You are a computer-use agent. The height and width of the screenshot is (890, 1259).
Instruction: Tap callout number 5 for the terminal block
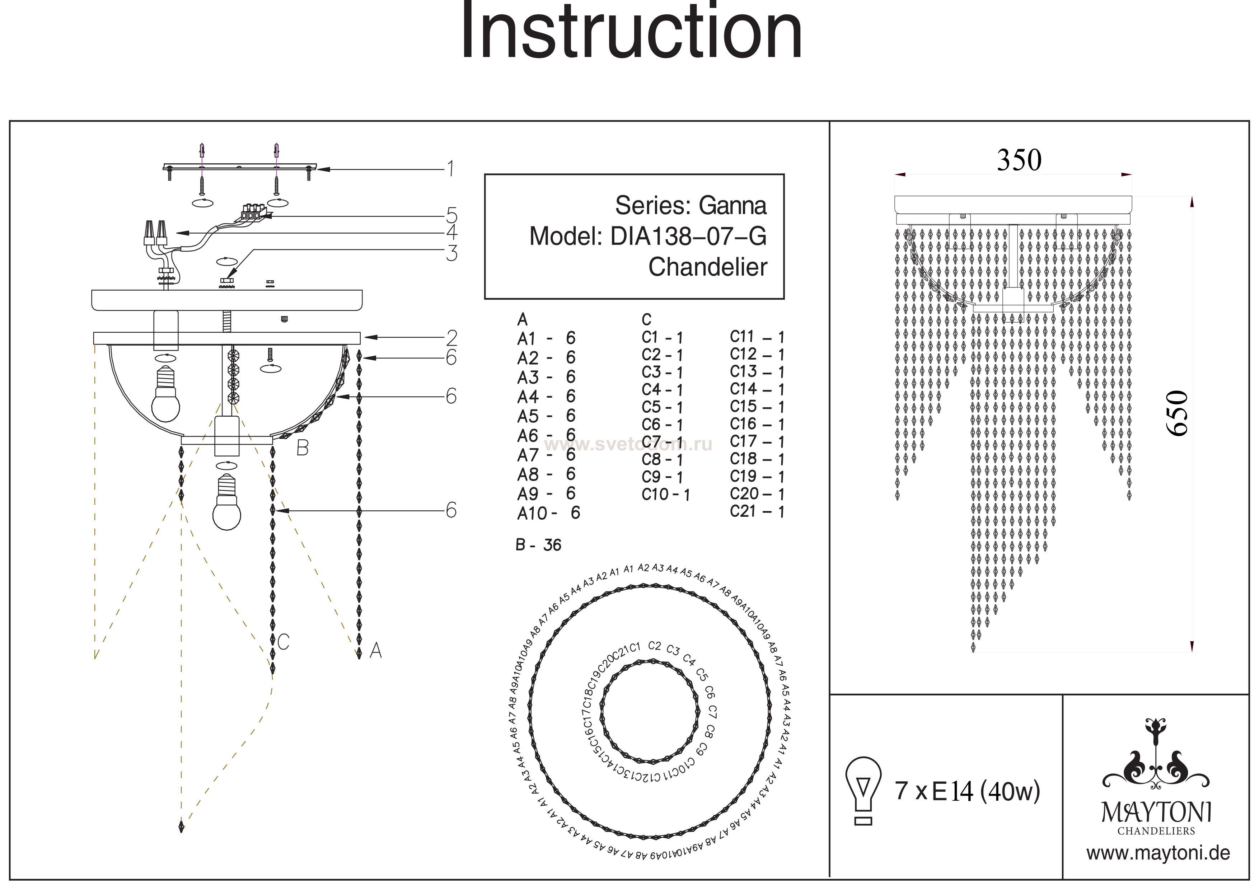[x=451, y=215]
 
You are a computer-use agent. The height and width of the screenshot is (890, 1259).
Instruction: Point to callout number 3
[x=451, y=253]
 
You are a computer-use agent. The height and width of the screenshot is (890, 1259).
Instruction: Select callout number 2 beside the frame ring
[x=451, y=337]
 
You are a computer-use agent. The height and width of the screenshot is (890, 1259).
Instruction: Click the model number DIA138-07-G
[x=688, y=236]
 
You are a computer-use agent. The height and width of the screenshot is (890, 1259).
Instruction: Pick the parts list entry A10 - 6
[x=548, y=513]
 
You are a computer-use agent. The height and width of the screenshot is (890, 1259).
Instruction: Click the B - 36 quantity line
[x=538, y=545]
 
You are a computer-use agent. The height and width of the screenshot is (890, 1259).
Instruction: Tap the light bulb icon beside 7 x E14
[x=863, y=791]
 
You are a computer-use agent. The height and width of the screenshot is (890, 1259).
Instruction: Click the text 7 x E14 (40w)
[x=967, y=791]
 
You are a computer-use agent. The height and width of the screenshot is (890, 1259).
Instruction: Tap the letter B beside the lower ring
[x=302, y=448]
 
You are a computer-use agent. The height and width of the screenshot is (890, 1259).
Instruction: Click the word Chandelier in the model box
[x=707, y=267]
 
